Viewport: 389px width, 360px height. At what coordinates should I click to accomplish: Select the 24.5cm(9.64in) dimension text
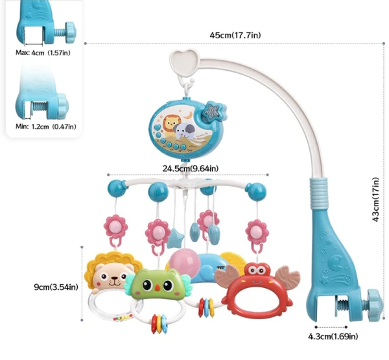[x=191, y=169]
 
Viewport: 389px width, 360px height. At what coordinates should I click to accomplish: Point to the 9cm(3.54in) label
[x=56, y=287]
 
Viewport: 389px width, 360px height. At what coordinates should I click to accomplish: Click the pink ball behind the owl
[x=190, y=259]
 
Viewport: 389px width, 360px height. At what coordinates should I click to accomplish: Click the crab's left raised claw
[x=226, y=275]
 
